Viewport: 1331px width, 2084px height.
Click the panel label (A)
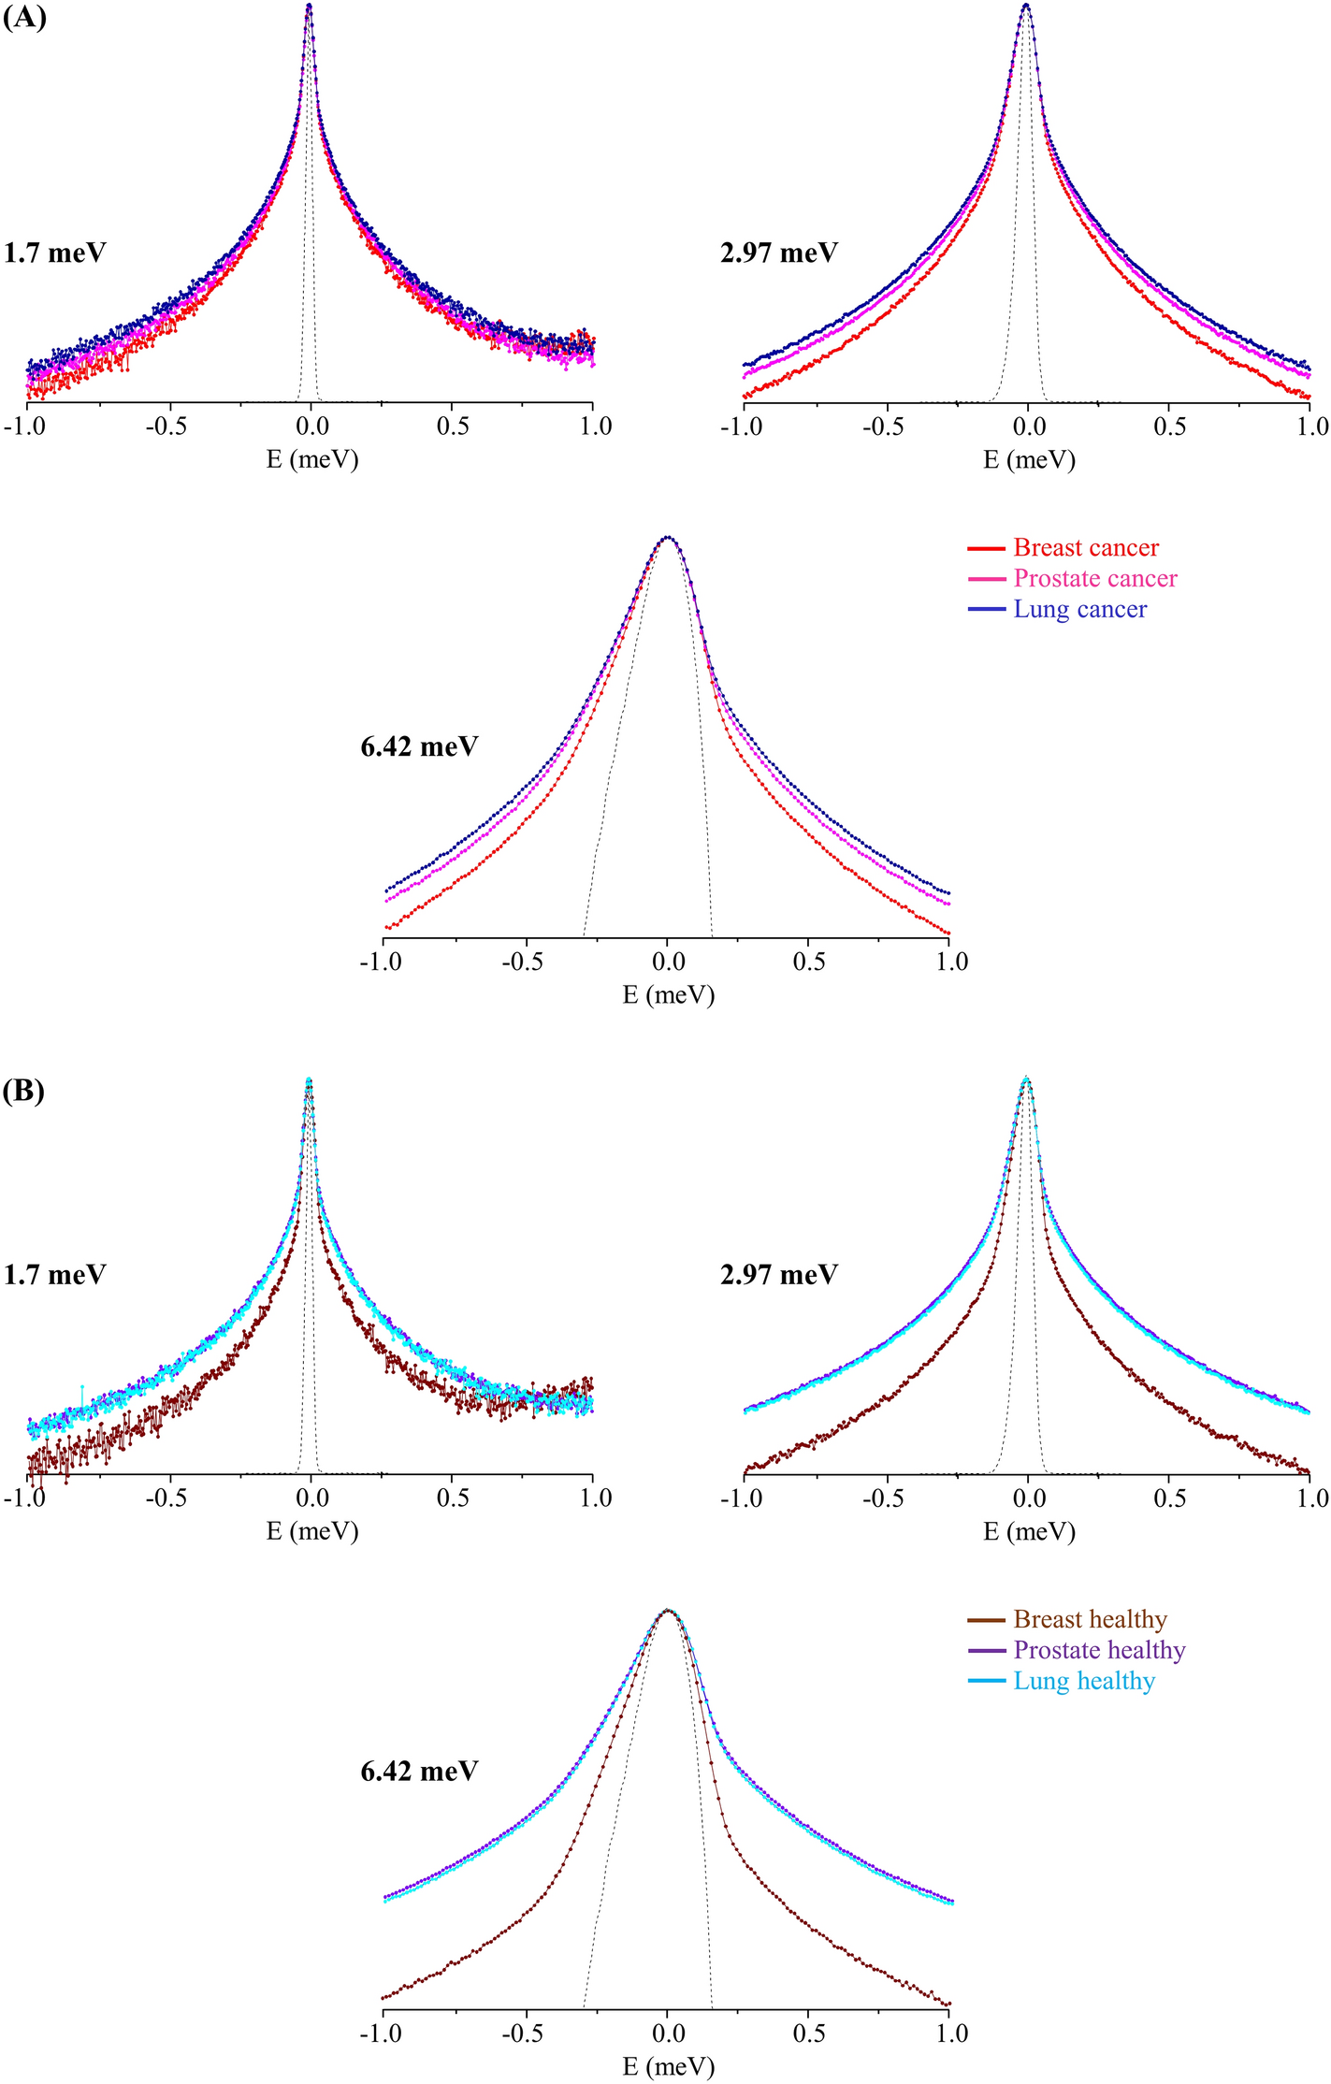(x=24, y=18)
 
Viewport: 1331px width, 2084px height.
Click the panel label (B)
(x=24, y=1091)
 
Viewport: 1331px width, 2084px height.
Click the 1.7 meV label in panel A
(x=54, y=253)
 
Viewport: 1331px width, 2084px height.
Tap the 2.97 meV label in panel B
(x=778, y=1275)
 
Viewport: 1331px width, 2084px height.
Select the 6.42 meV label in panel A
(x=419, y=746)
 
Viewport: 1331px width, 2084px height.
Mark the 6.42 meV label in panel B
(x=419, y=1771)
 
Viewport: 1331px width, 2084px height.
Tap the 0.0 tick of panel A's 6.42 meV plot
(x=669, y=962)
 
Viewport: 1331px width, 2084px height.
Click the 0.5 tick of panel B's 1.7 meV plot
(x=453, y=1498)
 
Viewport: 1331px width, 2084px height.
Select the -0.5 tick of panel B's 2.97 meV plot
(x=883, y=1498)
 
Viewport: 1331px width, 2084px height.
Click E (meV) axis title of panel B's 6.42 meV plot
(x=669, y=2066)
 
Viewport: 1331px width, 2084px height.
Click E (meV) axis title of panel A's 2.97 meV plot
(x=1029, y=459)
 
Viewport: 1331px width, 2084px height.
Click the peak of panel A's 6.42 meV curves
(x=667, y=538)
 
